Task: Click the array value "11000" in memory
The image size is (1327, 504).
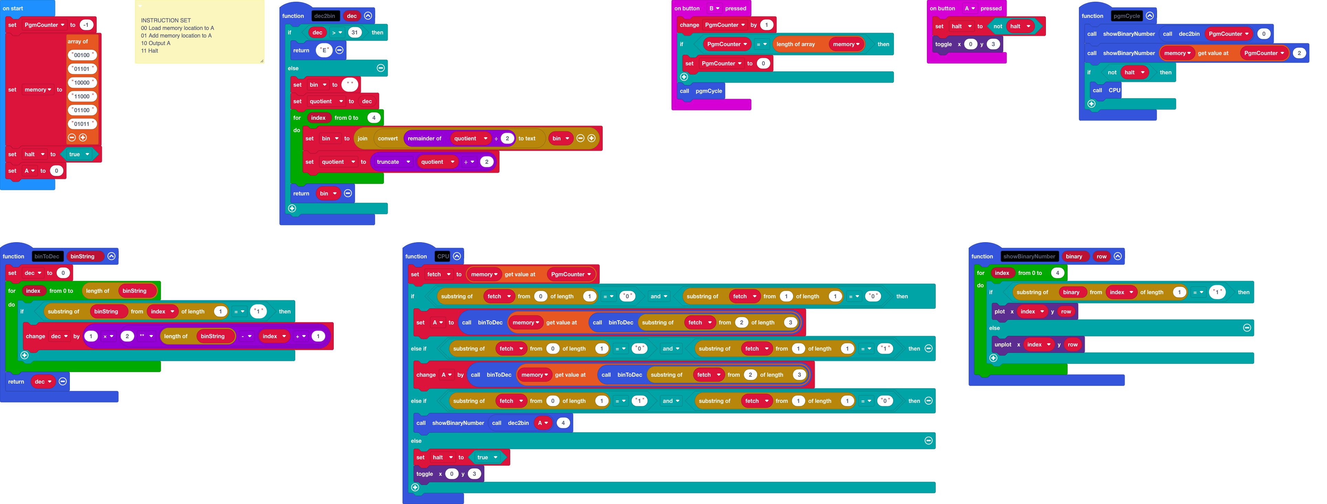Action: coord(82,96)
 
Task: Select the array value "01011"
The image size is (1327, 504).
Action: coord(82,124)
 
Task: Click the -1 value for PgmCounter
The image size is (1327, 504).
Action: coord(86,25)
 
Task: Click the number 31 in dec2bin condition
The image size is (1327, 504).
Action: coord(354,32)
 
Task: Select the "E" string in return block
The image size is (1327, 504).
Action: coord(324,51)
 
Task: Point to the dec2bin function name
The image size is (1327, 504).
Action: coord(324,16)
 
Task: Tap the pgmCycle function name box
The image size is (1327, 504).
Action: coord(1127,16)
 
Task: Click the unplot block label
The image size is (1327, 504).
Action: coord(1003,345)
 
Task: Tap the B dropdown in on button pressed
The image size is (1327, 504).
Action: coord(714,8)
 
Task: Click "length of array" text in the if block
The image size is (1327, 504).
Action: coord(795,44)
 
